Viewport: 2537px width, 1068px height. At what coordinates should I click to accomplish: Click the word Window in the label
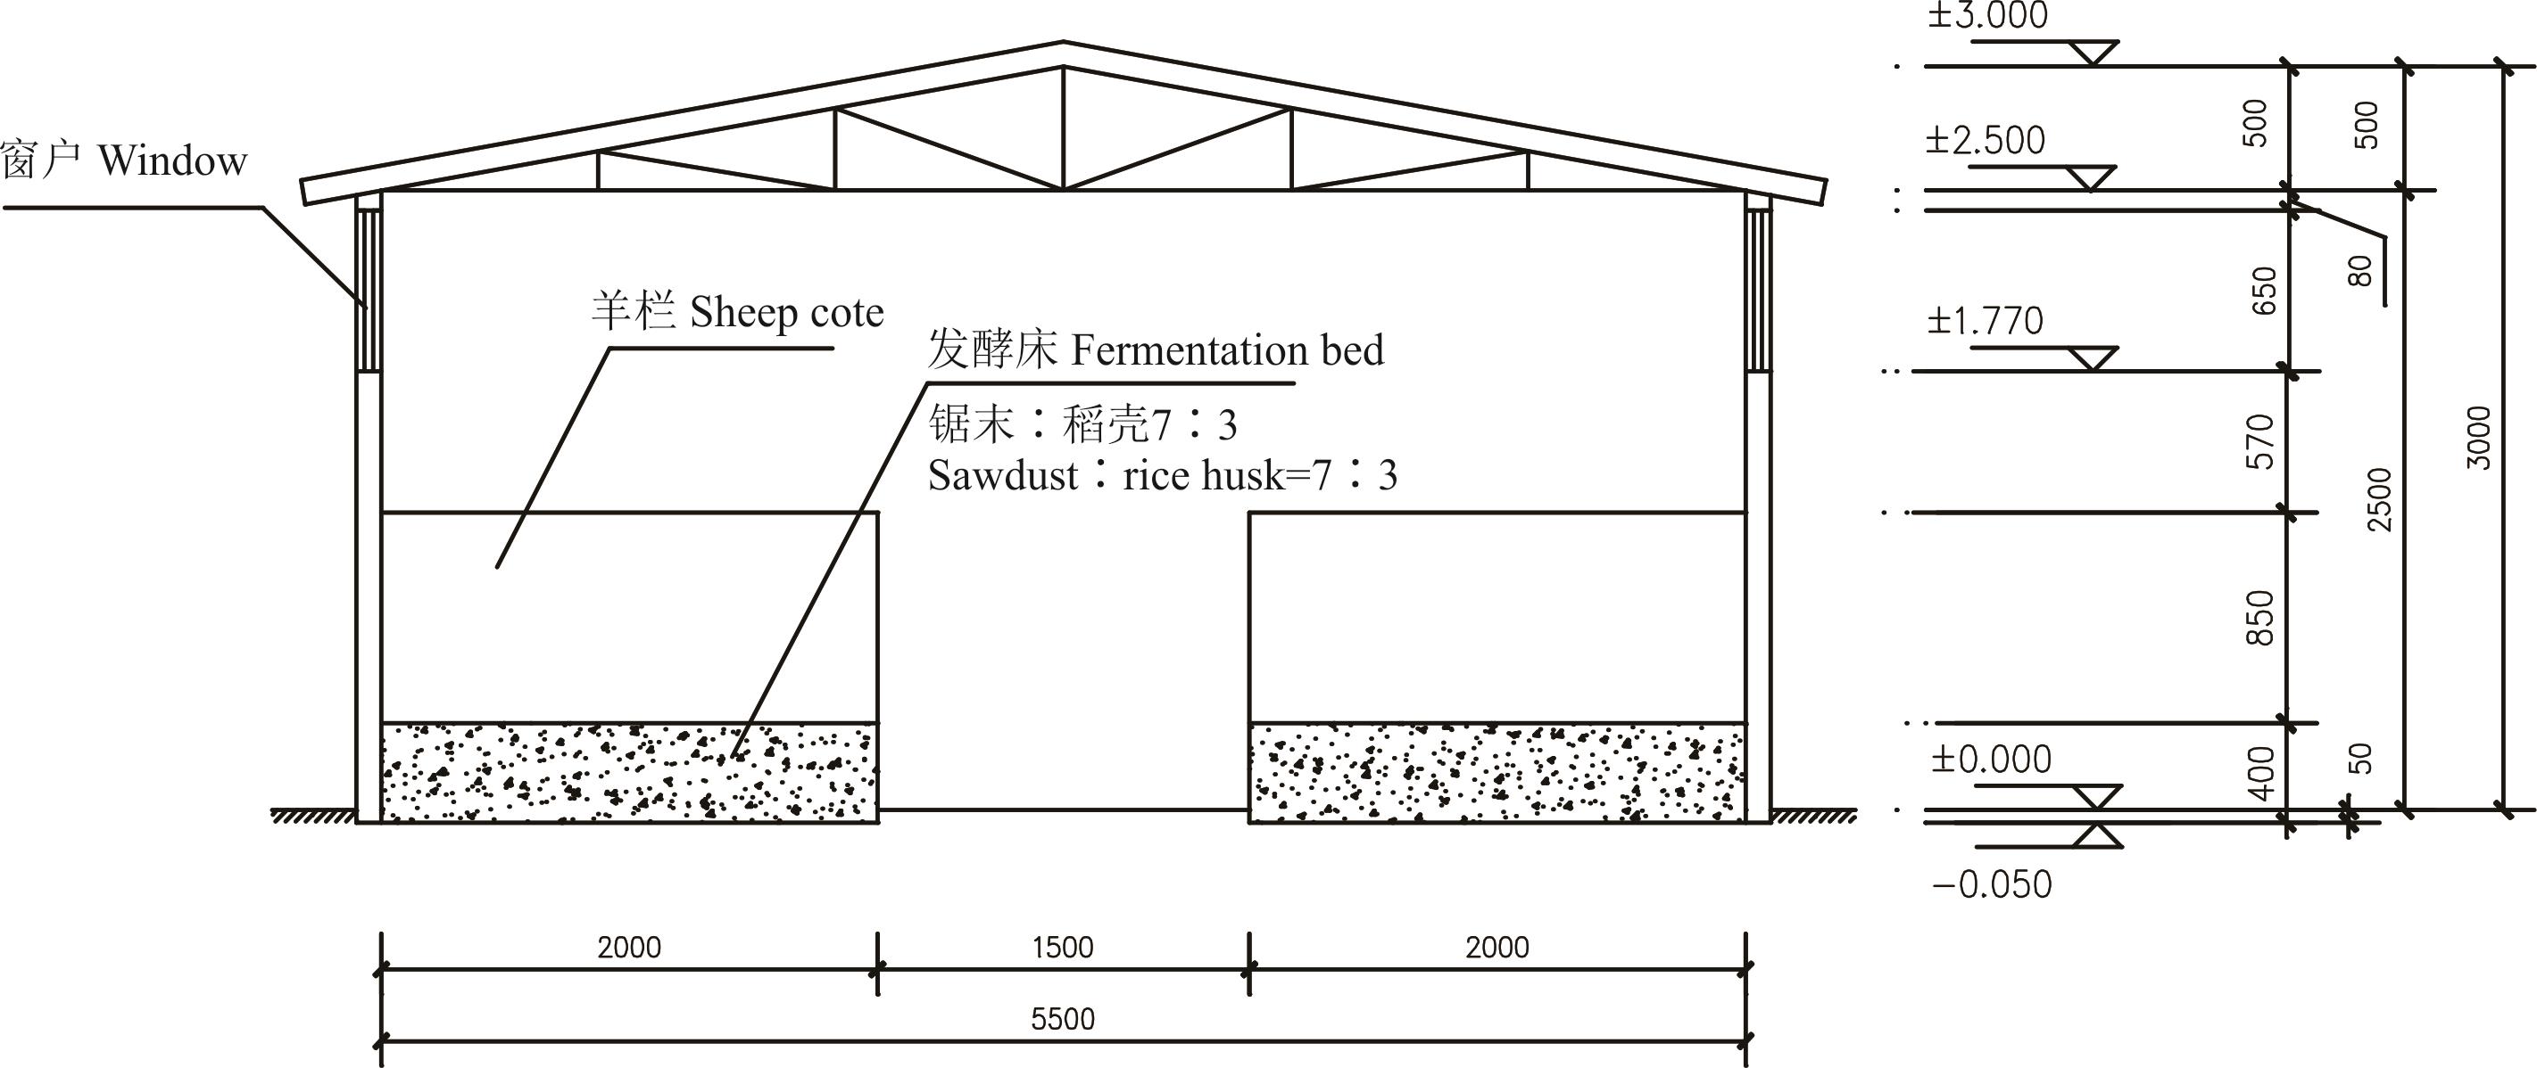172,160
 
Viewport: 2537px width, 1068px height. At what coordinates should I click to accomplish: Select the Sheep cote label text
738,313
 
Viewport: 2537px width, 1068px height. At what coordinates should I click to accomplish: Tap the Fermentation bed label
1156,349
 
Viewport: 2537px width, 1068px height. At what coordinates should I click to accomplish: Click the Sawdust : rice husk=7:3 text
1163,476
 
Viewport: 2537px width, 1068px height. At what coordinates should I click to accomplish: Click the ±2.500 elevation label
1985,141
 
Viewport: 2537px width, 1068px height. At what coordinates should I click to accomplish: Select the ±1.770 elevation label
1985,321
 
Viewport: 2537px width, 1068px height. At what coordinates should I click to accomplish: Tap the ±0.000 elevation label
1990,759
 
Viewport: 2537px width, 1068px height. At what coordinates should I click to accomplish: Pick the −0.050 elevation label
1993,884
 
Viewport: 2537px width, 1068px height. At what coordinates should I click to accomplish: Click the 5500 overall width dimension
1063,1018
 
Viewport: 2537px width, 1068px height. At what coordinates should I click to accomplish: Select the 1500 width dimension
1063,947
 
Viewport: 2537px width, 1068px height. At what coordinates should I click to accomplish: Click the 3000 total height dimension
2479,437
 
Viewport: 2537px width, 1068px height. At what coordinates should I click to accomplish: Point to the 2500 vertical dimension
2379,500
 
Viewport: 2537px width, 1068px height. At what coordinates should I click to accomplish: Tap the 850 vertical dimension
2261,618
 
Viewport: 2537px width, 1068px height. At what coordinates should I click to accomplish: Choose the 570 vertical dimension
2261,442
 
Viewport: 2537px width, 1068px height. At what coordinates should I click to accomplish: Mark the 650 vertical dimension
2264,291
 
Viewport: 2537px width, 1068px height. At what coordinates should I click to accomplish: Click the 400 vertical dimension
2262,773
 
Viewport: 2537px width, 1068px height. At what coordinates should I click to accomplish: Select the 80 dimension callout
2359,271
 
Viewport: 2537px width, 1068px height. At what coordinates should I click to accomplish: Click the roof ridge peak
1064,42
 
